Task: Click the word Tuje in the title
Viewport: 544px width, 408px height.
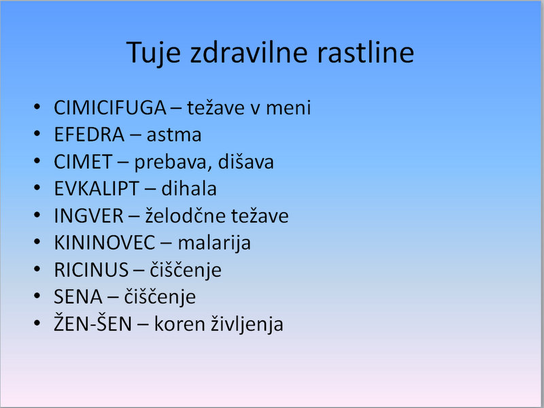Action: click(x=154, y=53)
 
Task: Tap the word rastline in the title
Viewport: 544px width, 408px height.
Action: click(x=365, y=52)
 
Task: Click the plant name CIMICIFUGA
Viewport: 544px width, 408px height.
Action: click(x=110, y=107)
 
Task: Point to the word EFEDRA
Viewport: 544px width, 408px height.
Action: click(x=89, y=135)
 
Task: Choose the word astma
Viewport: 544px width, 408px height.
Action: click(x=174, y=135)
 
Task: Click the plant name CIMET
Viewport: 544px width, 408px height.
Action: click(x=83, y=162)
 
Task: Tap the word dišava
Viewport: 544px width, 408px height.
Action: click(x=241, y=162)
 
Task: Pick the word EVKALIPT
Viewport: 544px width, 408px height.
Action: click(x=97, y=189)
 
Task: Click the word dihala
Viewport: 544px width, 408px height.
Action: click(x=189, y=188)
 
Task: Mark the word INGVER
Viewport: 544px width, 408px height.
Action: click(x=88, y=216)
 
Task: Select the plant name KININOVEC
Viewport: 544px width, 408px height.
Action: click(x=105, y=243)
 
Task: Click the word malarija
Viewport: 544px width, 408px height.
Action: click(x=214, y=243)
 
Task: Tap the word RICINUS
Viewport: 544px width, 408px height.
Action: click(x=91, y=270)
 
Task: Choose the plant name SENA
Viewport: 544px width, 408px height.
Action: click(x=78, y=297)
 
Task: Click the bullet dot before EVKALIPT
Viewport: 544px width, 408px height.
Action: click(x=37, y=188)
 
